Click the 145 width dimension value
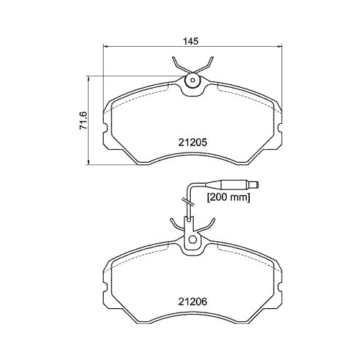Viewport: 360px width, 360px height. point(192,41)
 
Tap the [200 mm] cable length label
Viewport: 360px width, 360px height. point(228,197)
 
